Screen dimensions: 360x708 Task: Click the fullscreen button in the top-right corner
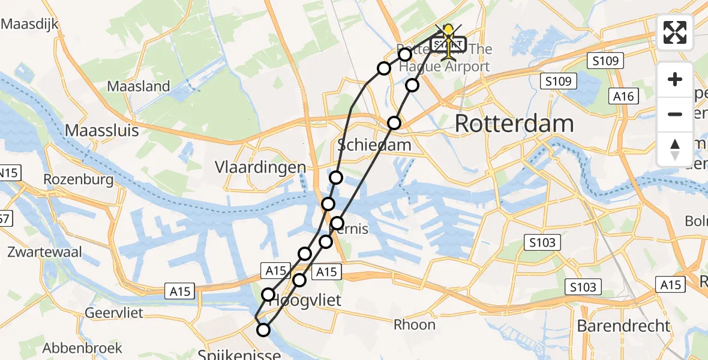click(x=675, y=32)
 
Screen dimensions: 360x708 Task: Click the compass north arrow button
click(x=675, y=149)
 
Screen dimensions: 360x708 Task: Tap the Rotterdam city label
click(x=514, y=124)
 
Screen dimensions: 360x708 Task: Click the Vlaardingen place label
click(x=261, y=167)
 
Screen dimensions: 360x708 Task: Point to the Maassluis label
click(x=102, y=130)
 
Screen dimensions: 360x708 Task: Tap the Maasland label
click(x=139, y=86)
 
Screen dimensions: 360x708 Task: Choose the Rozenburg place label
click(x=79, y=179)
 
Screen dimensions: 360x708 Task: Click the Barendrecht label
click(x=623, y=326)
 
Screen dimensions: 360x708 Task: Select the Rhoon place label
click(x=415, y=325)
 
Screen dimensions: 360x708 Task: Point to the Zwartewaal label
click(x=44, y=252)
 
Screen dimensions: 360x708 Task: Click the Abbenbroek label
click(x=82, y=347)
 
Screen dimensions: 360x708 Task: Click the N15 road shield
click(x=9, y=173)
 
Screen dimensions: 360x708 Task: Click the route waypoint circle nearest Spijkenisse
click(x=263, y=329)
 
